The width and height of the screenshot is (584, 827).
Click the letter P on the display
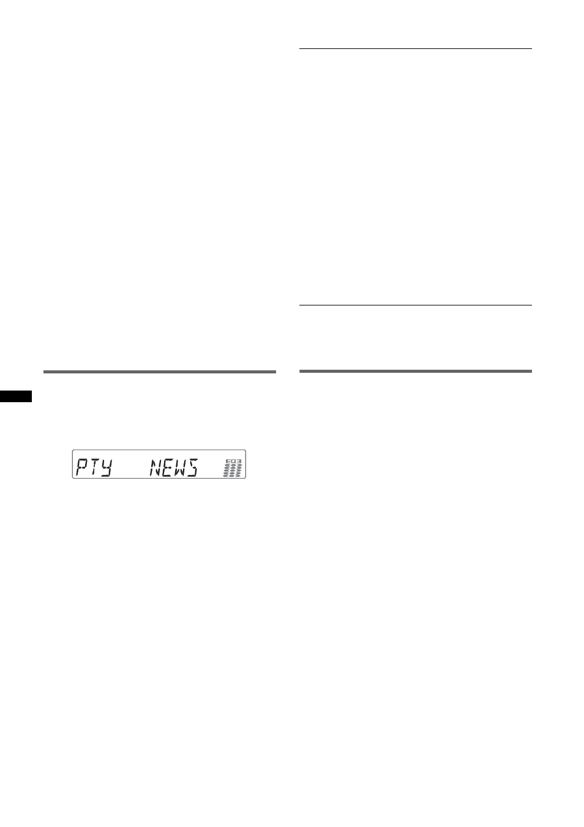point(81,468)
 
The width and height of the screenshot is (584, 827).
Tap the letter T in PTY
point(94,468)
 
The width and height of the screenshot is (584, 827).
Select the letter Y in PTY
point(106,468)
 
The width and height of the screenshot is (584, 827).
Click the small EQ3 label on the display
point(233,462)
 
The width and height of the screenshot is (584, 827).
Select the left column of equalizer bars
point(226,471)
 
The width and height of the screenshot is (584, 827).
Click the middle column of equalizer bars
point(233,471)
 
